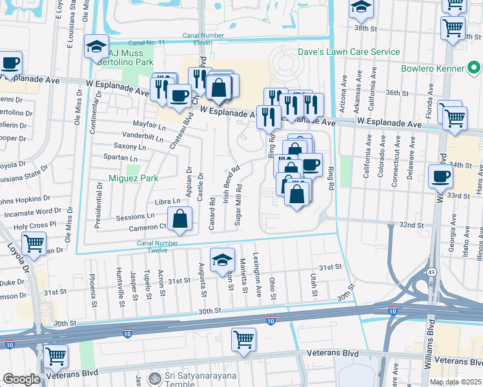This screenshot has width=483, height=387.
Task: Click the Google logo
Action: point(21,379)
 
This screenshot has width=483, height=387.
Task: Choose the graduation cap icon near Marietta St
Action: point(223,259)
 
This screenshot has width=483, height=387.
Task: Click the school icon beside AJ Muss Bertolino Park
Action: point(96,46)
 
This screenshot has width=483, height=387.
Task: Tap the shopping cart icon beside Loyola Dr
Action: point(34,244)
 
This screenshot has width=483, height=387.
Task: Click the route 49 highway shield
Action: point(430,273)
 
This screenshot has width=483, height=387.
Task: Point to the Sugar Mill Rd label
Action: point(239,204)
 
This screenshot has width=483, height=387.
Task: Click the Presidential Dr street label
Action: point(99,205)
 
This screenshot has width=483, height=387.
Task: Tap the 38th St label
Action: point(365,28)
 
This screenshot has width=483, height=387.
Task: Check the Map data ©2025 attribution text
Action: point(455,382)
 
